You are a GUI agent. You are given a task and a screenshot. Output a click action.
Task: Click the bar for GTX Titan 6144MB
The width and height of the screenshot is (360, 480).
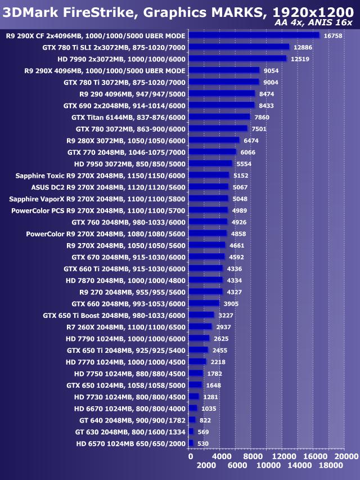(219, 117)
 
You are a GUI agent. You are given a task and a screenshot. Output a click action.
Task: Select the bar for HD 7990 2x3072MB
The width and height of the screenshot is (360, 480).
(237, 59)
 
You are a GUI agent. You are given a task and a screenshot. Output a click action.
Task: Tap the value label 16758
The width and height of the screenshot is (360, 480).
(333, 35)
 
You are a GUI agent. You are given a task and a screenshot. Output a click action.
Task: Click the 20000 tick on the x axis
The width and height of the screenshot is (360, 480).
(345, 456)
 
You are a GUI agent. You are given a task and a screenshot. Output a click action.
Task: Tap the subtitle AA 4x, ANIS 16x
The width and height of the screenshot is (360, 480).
(314, 23)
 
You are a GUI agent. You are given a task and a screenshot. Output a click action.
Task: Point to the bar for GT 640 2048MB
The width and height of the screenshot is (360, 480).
(192, 420)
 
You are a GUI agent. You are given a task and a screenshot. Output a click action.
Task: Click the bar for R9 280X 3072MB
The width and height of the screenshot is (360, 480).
(214, 140)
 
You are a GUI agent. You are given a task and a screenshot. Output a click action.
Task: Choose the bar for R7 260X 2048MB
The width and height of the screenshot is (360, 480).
(200, 326)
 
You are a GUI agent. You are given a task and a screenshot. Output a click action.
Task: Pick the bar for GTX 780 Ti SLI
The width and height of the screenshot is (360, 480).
(239, 47)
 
